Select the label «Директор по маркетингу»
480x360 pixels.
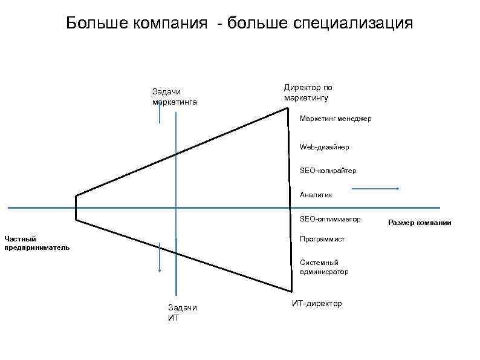(308, 92)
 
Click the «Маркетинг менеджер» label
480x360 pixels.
(336, 119)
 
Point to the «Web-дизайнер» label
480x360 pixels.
(324, 147)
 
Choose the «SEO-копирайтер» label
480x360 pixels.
(328, 171)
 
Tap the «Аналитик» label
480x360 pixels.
(316, 195)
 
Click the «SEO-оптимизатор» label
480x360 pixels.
(329, 218)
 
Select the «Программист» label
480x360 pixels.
(322, 239)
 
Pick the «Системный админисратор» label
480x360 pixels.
(324, 267)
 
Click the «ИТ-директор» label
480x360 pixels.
(317, 303)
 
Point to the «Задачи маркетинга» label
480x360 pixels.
(175, 96)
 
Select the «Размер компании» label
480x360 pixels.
(420, 223)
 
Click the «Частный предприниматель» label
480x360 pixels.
(37, 243)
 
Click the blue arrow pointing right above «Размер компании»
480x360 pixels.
(375, 189)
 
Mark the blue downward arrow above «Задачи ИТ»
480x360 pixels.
(160, 257)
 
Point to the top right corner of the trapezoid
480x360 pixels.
(288, 108)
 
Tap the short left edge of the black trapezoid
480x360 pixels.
(76, 208)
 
